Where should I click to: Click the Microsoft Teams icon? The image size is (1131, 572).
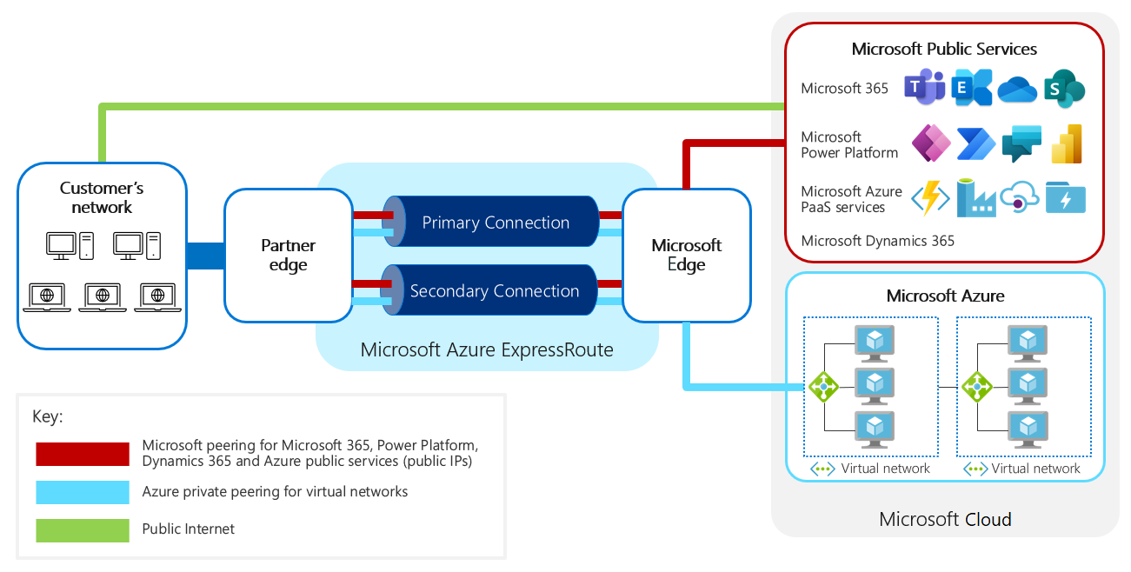pyautogui.click(x=924, y=88)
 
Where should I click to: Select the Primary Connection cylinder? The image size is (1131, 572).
pyautogui.click(x=495, y=223)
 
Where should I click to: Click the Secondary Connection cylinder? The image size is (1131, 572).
pyautogui.click(x=494, y=291)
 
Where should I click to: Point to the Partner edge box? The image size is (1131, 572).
pyautogui.click(x=288, y=256)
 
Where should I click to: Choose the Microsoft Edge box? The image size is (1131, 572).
pyautogui.click(x=686, y=256)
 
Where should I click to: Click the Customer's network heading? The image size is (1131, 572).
pyautogui.click(x=102, y=197)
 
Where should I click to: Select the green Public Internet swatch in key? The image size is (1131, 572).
pyautogui.click(x=83, y=529)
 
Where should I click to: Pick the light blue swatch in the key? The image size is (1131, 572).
pyautogui.click(x=83, y=492)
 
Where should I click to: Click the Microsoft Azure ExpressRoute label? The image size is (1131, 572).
pyautogui.click(x=487, y=350)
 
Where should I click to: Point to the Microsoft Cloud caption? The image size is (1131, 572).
pyautogui.click(x=945, y=520)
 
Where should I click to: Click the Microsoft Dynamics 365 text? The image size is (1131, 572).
pyautogui.click(x=877, y=241)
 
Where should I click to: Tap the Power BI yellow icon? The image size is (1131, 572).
pyautogui.click(x=1066, y=144)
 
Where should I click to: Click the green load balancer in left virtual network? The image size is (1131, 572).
pyautogui.click(x=822, y=386)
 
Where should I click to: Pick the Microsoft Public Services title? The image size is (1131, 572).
pyautogui.click(x=944, y=49)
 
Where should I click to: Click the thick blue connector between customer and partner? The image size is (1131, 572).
pyautogui.click(x=205, y=256)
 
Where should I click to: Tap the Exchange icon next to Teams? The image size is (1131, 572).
pyautogui.click(x=971, y=89)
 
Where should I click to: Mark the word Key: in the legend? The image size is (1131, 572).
pyautogui.click(x=48, y=416)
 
